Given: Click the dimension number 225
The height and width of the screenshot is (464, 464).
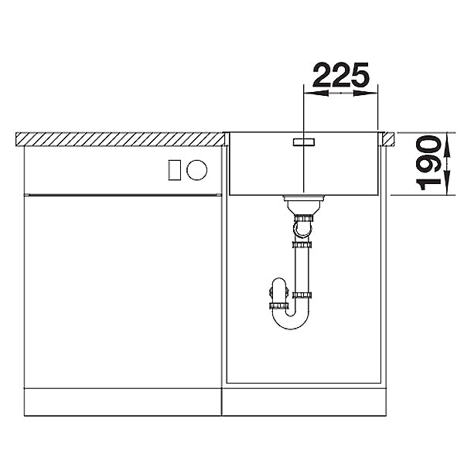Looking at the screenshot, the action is [341, 75].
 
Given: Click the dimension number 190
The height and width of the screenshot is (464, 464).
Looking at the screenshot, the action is [429, 162].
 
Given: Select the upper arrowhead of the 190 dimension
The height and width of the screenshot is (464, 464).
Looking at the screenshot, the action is [447, 144].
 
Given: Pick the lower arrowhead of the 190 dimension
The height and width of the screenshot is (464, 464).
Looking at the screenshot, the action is [447, 183].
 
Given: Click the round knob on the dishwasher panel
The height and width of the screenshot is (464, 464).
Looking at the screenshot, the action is [196, 170].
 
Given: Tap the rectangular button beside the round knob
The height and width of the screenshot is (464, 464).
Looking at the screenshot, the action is [174, 170].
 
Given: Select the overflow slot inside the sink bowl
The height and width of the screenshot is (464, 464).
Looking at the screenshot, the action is [304, 142].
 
